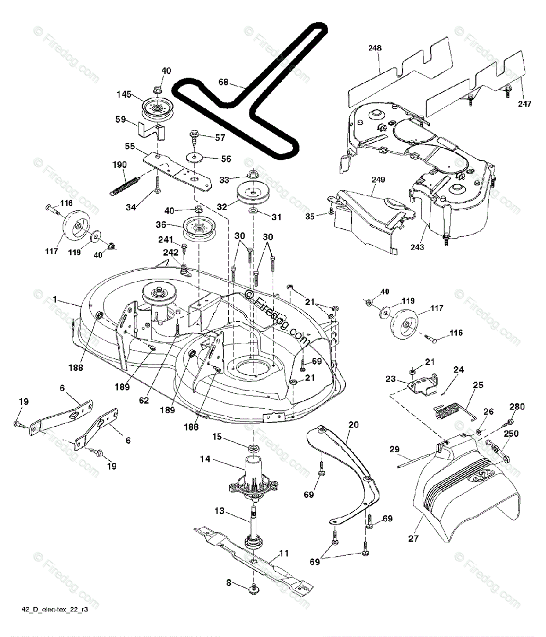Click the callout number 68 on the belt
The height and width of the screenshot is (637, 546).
[x=223, y=82]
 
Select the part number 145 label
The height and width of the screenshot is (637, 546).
[x=124, y=94]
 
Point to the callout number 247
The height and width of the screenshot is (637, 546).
[x=524, y=104]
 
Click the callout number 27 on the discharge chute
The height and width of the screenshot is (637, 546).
[x=413, y=538]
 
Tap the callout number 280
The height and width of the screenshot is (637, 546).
[x=517, y=407]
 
